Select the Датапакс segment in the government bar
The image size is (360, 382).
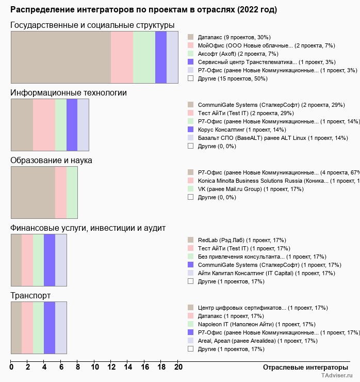coord(61,57)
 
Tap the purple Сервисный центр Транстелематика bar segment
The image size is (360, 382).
coord(161,57)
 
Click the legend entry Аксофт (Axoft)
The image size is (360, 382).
coord(238,54)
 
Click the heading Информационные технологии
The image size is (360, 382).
coord(69,92)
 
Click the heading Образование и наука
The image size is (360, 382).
coord(52,160)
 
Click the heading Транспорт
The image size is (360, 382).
coord(30,295)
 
